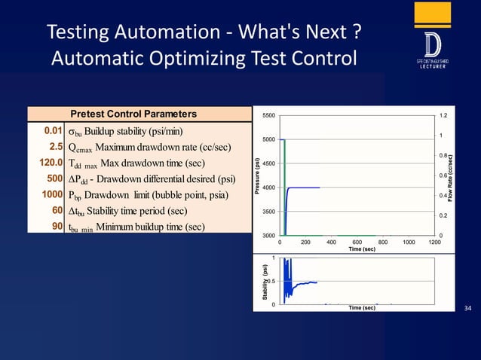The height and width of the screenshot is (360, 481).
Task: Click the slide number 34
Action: tap(467, 308)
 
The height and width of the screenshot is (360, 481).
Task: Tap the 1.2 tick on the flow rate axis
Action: tap(443, 116)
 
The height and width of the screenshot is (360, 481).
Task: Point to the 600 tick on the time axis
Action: tap(357, 243)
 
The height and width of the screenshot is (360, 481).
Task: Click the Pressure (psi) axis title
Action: tap(258, 175)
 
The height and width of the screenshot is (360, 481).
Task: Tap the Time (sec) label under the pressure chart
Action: tap(357, 249)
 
